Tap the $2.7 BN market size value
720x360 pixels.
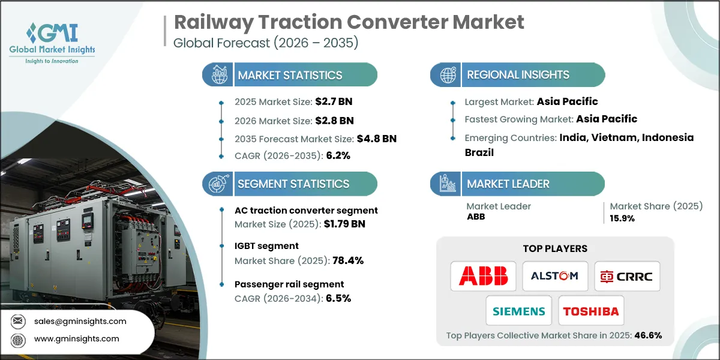click(x=334, y=101)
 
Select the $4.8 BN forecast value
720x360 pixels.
click(x=377, y=139)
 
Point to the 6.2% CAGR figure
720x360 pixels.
click(x=338, y=155)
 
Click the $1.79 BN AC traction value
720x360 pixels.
click(x=344, y=224)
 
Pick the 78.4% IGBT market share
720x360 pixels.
click(x=348, y=260)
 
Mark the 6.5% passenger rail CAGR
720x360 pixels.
click(x=338, y=298)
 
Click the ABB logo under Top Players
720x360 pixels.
click(x=483, y=276)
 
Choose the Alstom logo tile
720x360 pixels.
click(x=555, y=276)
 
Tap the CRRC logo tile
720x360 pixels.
click(x=627, y=276)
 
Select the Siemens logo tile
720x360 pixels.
click(x=519, y=311)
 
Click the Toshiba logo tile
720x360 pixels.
click(x=591, y=311)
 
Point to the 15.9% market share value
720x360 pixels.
click(x=622, y=218)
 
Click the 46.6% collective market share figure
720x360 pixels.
click(x=648, y=335)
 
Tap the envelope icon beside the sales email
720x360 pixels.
click(x=18, y=321)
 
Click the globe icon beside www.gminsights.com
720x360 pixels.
click(x=18, y=340)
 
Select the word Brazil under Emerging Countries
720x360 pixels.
click(x=479, y=152)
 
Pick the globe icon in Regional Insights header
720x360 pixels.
click(x=448, y=75)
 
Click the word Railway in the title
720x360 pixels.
click(x=214, y=23)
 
